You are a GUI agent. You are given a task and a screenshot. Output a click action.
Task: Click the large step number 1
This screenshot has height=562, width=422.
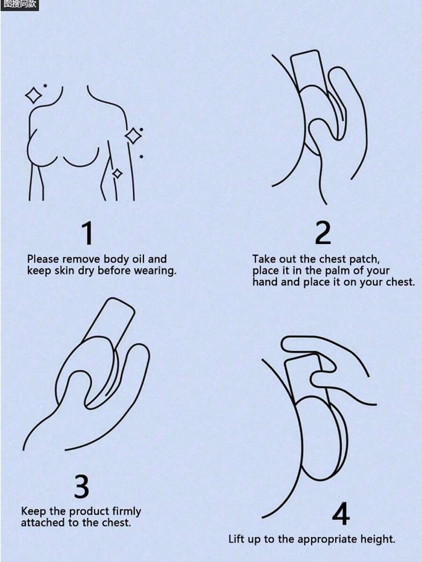tap(88, 233)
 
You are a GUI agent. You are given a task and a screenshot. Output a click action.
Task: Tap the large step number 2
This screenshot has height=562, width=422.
tap(323, 233)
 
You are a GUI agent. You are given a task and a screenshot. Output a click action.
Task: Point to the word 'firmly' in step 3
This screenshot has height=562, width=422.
tap(127, 511)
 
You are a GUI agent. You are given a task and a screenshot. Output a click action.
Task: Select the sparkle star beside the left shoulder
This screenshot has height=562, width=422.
tap(34, 95)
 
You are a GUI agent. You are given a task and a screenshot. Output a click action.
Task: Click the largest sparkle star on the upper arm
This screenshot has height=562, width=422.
tap(133, 136)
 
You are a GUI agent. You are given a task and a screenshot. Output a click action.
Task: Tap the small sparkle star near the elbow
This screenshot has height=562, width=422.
tap(117, 174)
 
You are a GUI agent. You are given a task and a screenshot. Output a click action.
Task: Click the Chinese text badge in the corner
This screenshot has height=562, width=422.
tap(19, 5)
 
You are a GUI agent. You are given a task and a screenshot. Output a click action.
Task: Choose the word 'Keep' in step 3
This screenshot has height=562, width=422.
tap(33, 511)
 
